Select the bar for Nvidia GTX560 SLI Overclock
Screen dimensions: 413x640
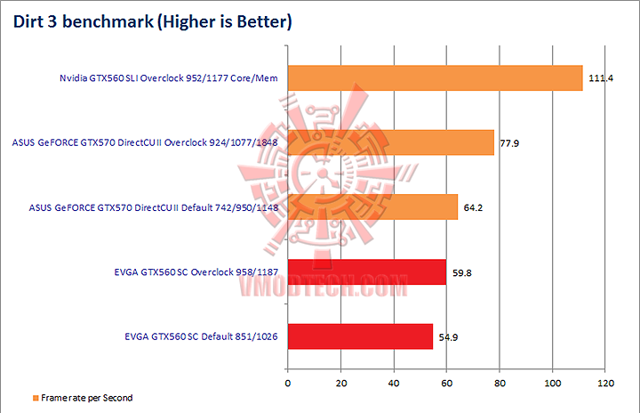(x=435, y=78)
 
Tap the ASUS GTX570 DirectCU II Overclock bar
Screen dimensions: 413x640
(x=390, y=142)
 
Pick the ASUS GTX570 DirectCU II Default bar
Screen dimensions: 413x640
(x=372, y=207)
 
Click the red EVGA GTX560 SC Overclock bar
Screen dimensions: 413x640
(x=366, y=272)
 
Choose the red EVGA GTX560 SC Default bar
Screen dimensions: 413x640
(x=360, y=336)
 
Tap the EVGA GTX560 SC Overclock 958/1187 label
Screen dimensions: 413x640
(x=190, y=272)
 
